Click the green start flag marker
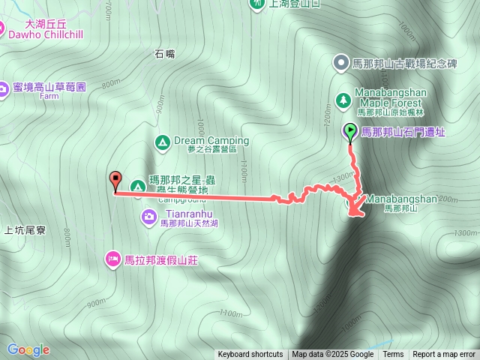coord(350,132)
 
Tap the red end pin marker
coord(115,181)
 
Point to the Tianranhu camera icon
coord(149,217)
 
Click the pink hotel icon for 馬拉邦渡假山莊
coord(112,259)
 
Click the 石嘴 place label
coord(164,53)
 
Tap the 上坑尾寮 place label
coord(25,230)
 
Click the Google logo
coord(28,349)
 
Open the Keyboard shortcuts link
coord(250,355)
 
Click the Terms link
coord(393,355)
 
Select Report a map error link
coord(444,355)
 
